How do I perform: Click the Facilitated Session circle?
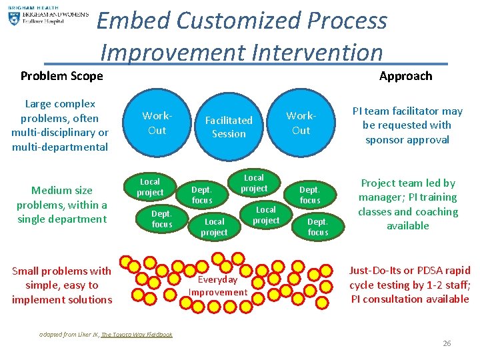point(229,127)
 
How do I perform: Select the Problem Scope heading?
point(61,75)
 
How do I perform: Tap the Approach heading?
point(405,75)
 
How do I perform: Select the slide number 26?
point(447,343)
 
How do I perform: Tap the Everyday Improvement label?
point(217,286)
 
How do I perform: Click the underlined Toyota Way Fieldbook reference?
point(136,335)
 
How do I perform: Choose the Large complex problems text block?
point(60,125)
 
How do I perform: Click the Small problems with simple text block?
point(61,285)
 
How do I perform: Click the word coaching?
point(435,212)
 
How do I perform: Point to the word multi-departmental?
point(60,147)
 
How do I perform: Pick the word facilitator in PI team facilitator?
point(413,111)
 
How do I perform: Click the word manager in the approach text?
point(384,197)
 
